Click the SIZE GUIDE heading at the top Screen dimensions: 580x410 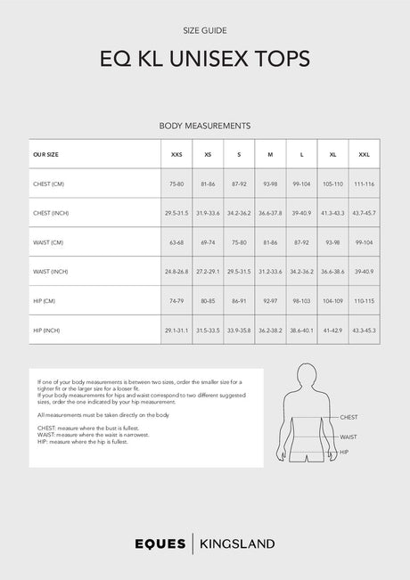tap(204, 30)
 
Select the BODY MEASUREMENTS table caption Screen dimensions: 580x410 tap(204, 127)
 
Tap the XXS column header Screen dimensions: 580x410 tap(176, 154)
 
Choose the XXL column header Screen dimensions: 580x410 tap(364, 154)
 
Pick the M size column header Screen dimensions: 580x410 tap(270, 154)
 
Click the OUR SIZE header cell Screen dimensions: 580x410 tap(46, 154)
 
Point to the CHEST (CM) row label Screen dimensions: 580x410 tap(49, 184)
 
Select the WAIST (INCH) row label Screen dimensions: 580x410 tap(51, 271)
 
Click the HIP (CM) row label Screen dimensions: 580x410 tap(45, 300)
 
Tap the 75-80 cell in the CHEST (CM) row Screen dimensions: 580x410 tap(176, 184)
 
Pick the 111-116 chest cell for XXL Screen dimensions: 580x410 tap(364, 184)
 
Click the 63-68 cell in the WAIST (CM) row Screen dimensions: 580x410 tap(176, 242)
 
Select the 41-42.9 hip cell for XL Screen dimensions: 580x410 tap(332, 330)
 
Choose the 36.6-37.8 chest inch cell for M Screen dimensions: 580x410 tap(270, 213)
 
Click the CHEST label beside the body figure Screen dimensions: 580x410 tap(349, 417)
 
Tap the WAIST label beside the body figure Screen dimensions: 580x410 tap(348, 437)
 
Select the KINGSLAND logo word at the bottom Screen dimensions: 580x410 tap(236, 543)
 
